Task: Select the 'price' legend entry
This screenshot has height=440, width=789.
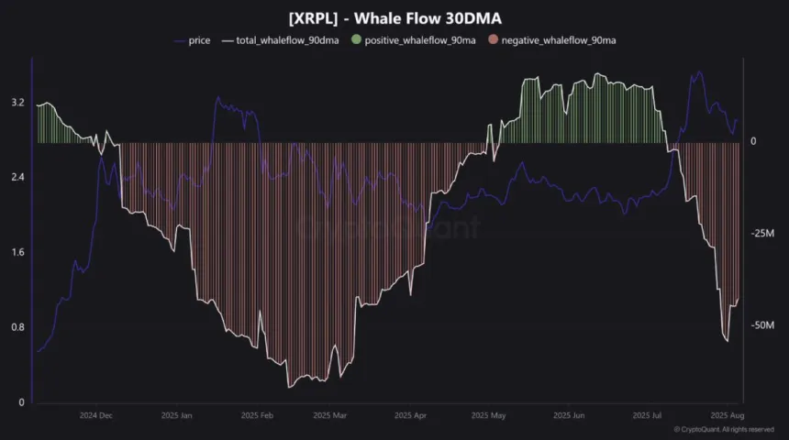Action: (199, 41)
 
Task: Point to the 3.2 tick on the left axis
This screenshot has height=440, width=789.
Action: (17, 103)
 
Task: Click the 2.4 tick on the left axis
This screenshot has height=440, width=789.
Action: (17, 177)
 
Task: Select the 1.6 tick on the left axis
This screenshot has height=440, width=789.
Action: (17, 252)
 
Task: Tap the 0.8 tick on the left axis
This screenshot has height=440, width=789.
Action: (17, 327)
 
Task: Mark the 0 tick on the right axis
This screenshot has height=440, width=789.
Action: (753, 142)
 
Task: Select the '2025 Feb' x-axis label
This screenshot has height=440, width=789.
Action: (255, 415)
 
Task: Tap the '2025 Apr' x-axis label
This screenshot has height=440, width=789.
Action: (409, 415)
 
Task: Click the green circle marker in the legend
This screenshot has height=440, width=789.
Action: (357, 41)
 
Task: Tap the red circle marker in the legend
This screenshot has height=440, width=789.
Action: (492, 41)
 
